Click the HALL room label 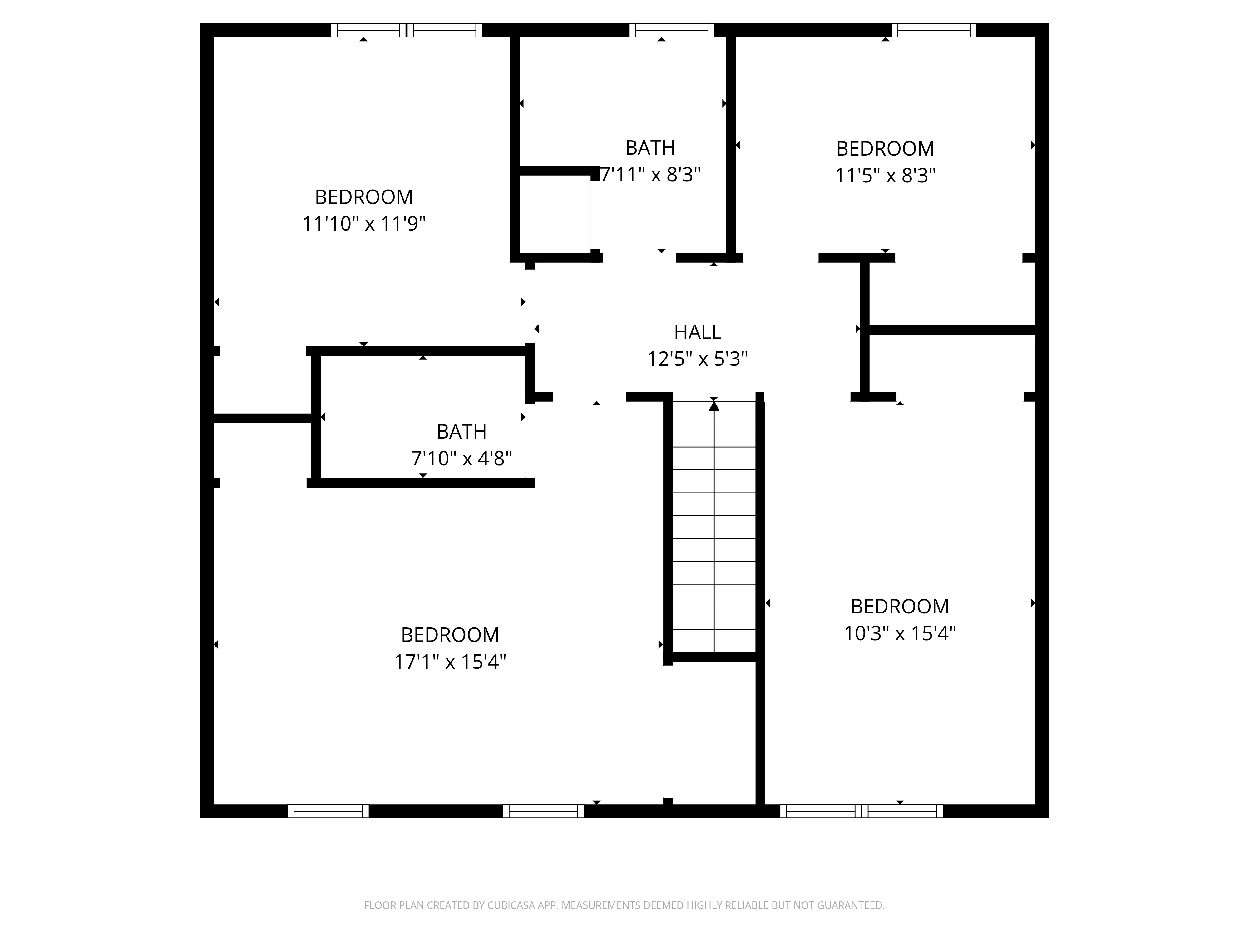[697, 332]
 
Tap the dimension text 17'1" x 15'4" [450, 662]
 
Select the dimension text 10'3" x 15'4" [900, 633]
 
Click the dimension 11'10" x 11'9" [364, 224]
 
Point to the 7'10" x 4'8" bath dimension [461, 458]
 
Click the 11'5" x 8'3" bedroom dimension [885, 176]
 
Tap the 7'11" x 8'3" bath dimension [650, 175]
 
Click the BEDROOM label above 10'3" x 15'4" [900, 607]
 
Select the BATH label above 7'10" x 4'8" [461, 432]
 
